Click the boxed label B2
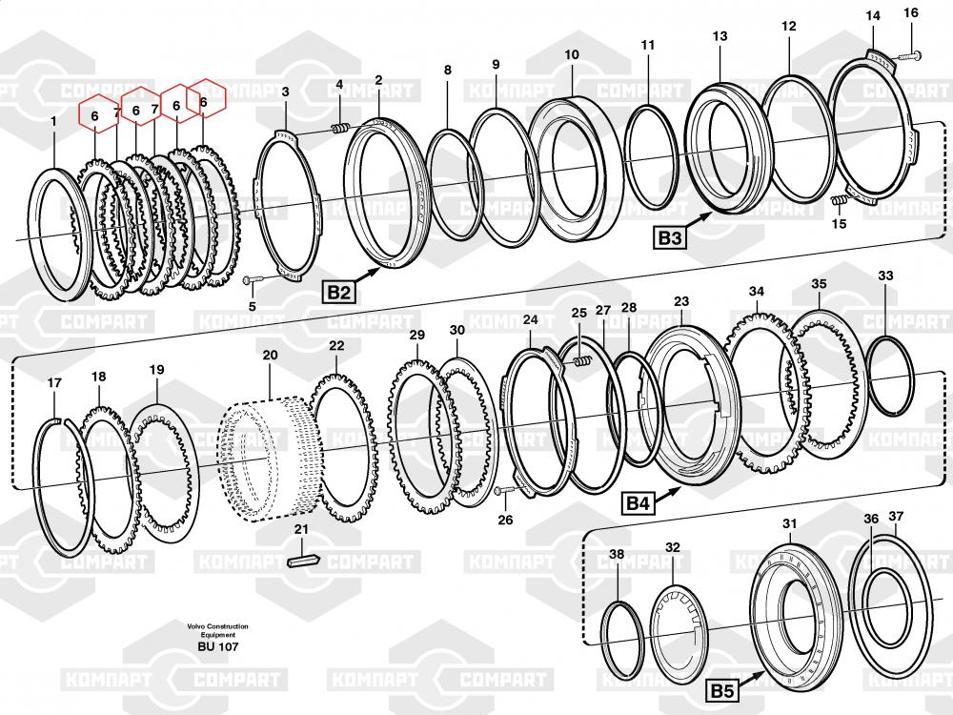point(339,293)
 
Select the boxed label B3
point(670,237)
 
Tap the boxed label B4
point(639,502)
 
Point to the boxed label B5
point(722,690)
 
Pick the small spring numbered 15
point(839,200)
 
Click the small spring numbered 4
point(340,128)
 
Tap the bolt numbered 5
point(253,279)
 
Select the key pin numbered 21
point(302,559)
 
